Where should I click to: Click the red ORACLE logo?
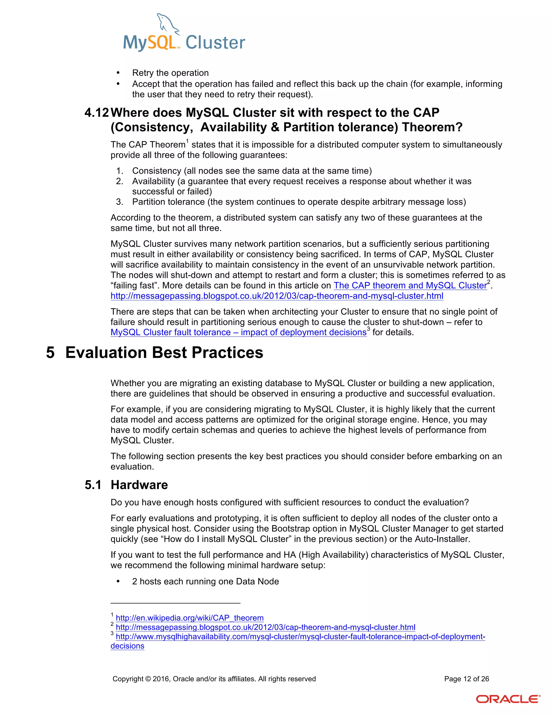(x=508, y=699)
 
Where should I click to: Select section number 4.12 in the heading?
(x=96, y=113)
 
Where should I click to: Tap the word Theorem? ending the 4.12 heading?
(x=432, y=127)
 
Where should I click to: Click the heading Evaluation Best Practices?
(x=164, y=353)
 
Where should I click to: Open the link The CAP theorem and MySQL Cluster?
(x=410, y=285)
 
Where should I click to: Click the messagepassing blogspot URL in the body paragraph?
(x=277, y=296)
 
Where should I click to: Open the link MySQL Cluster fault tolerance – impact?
(x=238, y=332)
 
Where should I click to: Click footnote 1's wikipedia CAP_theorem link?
(x=190, y=618)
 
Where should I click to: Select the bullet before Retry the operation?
(x=118, y=73)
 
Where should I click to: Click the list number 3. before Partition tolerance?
(x=119, y=202)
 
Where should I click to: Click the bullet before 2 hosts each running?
(x=118, y=581)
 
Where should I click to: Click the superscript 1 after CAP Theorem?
(x=187, y=141)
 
